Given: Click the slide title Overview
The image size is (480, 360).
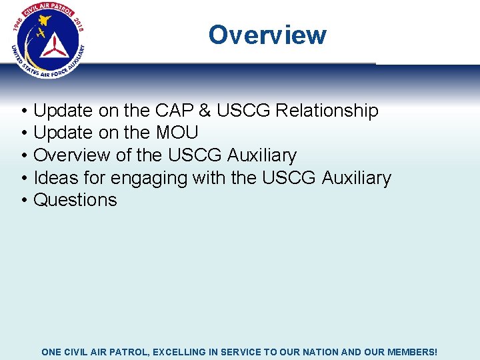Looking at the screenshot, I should (x=267, y=35).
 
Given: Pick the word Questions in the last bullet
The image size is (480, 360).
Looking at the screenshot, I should (x=75, y=200).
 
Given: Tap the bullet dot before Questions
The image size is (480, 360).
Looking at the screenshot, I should (x=23, y=201).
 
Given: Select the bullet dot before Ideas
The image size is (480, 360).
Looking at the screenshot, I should (x=23, y=179).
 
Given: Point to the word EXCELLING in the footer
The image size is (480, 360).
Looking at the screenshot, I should (x=181, y=351).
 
